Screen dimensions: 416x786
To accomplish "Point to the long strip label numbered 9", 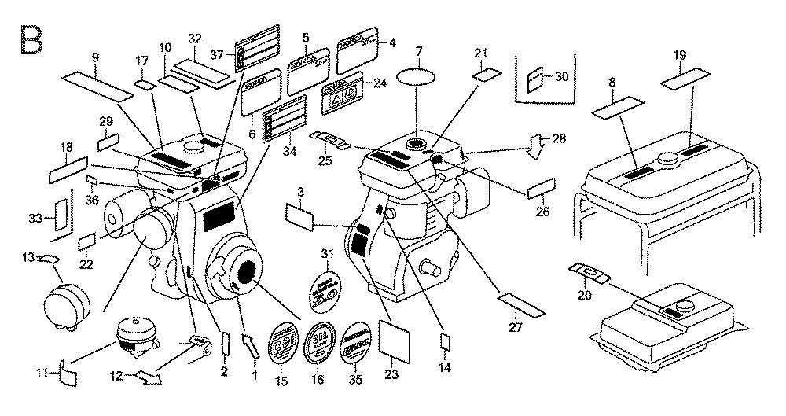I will [97, 85].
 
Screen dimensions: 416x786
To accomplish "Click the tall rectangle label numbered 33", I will [60, 213].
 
